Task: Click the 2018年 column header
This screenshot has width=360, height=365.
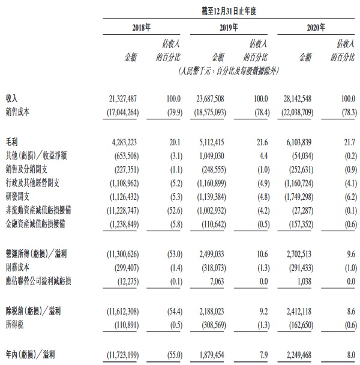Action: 142,28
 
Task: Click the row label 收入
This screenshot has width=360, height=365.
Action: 12,98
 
